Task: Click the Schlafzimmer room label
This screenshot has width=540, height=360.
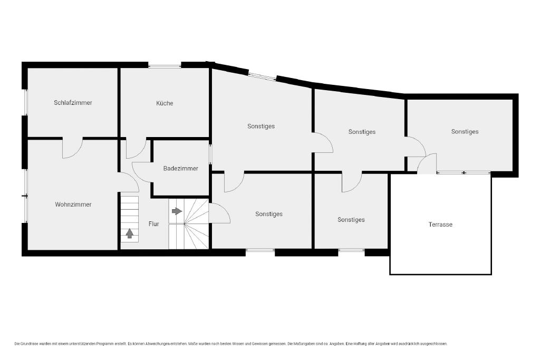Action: coord(73,103)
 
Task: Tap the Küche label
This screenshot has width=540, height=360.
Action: coord(165,103)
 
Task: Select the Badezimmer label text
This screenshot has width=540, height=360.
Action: coord(181,168)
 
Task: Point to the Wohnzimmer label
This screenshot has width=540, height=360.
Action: coord(73,205)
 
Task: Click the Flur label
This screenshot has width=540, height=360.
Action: coord(153,224)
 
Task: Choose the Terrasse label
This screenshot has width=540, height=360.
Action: coord(440,225)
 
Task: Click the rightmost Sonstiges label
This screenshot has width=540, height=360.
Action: coord(465,131)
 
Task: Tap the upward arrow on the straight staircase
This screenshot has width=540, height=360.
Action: coord(130,233)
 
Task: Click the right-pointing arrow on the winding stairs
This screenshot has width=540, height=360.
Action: coord(177,211)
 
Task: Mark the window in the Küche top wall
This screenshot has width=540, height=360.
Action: coord(165,65)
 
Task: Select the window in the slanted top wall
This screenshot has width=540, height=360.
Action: coord(262,76)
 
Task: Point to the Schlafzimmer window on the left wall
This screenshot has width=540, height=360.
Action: coord(25,102)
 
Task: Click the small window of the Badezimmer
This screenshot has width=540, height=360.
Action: coord(210,154)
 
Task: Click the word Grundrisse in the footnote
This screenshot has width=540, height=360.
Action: coord(28,344)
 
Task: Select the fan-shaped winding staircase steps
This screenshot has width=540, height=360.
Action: coord(197,223)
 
